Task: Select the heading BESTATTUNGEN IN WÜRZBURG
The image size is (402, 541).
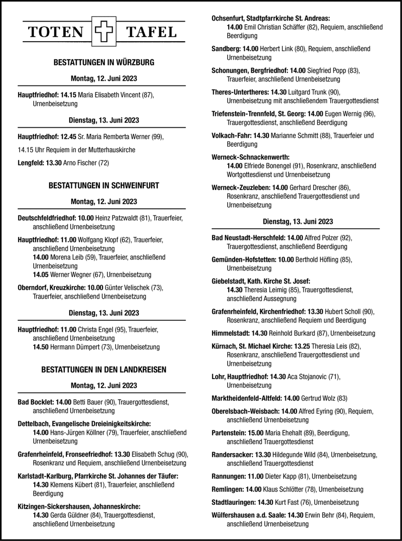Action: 104,63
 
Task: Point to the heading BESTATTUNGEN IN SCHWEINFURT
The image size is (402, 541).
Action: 104,186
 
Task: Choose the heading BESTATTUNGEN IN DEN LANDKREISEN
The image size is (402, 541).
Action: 104,370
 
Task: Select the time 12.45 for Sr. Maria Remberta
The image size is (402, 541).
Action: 70,137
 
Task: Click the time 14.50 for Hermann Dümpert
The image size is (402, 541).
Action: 41,347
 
